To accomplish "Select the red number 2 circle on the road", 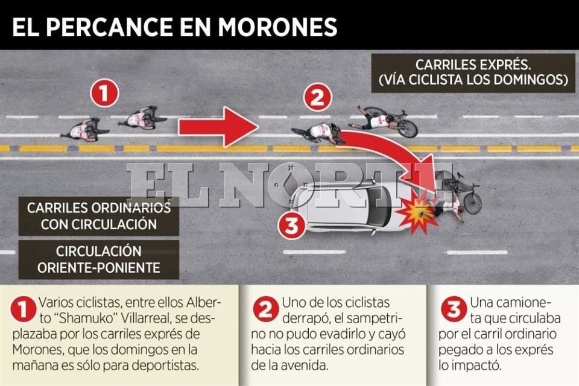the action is coord(317,98).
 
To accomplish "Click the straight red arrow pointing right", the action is coord(218,127).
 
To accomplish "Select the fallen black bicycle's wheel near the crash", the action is coord(473,203).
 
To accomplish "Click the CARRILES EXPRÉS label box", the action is coord(473,73).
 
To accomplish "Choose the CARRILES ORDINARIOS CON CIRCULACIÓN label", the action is coord(99,216).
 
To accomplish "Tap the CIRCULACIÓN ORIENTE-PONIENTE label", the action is coord(99,260).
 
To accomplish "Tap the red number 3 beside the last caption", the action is coord(454,309).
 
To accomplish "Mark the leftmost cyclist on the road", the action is coord(85,130).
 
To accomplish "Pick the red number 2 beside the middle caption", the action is coord(266,309).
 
